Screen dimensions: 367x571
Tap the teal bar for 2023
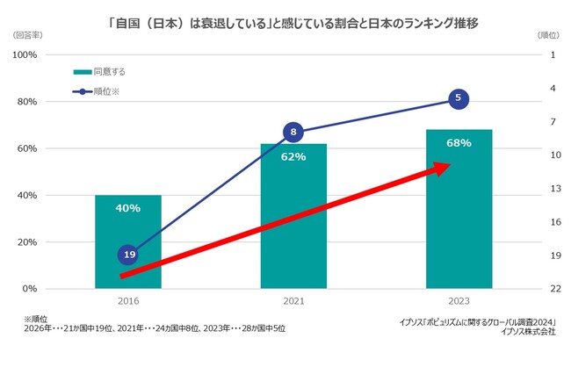(459, 211)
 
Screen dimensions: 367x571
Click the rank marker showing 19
(127, 255)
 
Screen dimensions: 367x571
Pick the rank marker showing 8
(293, 133)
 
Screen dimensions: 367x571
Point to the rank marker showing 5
(459, 99)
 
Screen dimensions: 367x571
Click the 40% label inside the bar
(127, 208)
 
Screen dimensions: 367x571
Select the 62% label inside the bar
(293, 157)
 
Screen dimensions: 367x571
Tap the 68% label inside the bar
(459, 143)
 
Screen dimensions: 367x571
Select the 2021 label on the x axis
(293, 301)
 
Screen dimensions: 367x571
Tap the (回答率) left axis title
(31, 35)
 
